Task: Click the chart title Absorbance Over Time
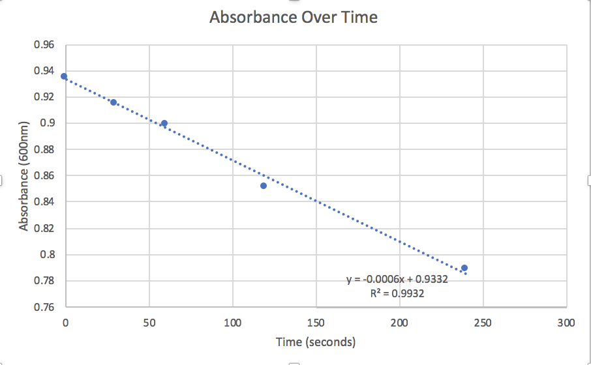tap(293, 18)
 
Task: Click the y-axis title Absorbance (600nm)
tap(24, 176)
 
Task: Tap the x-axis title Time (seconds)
tap(315, 342)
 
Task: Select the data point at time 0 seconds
tap(64, 76)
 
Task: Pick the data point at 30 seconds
tap(114, 102)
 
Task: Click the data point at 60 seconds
tap(164, 123)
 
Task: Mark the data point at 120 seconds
tap(264, 186)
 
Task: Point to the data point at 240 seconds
tap(464, 268)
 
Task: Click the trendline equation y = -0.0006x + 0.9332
tap(396, 280)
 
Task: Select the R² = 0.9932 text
tap(397, 293)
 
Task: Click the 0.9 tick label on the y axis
tap(47, 123)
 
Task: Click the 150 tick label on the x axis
tap(316, 323)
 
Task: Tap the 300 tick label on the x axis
tap(566, 323)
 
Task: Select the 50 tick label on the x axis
tap(149, 323)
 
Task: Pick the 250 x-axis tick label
tap(483, 323)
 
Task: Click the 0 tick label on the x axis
tap(65, 323)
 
